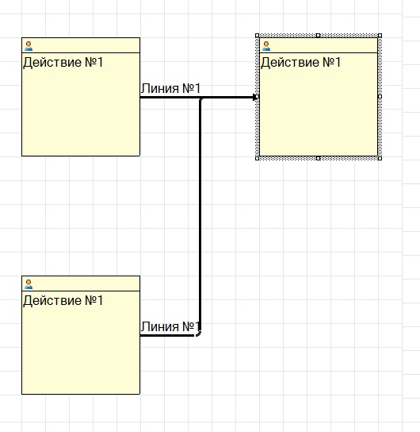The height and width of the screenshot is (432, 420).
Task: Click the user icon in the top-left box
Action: pos(29,46)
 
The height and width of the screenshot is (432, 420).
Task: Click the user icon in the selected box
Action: pos(266,46)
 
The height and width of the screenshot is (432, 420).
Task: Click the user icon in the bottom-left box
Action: pos(29,284)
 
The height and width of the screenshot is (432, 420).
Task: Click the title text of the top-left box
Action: pos(63,62)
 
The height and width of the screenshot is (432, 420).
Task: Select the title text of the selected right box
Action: pos(300,62)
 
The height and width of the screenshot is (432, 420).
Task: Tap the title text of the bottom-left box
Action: pos(63,300)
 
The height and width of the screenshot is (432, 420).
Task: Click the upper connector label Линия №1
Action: pos(170,88)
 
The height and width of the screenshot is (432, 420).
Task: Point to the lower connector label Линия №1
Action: pos(170,326)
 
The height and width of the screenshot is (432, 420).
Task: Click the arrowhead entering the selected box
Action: pos(254,97)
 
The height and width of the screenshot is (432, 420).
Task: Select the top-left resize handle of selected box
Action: pos(258,35)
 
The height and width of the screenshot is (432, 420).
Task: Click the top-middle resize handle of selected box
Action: pos(318,35)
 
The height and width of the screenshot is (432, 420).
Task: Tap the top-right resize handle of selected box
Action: pos(380,35)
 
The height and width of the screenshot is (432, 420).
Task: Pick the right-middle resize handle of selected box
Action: pos(380,97)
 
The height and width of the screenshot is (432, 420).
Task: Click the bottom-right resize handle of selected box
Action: pos(380,158)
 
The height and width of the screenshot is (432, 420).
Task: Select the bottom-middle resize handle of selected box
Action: pos(318,158)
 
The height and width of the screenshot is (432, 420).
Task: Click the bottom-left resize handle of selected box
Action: pos(258,158)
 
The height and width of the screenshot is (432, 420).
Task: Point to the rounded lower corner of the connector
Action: pos(199,334)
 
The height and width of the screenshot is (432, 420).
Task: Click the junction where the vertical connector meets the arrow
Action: pos(200,98)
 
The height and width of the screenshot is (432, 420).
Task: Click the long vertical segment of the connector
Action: pos(200,216)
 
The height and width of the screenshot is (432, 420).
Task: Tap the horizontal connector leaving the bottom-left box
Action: pos(168,335)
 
